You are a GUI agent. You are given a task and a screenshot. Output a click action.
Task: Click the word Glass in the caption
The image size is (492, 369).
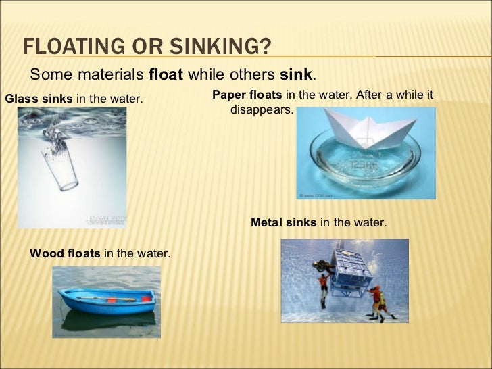19,99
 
